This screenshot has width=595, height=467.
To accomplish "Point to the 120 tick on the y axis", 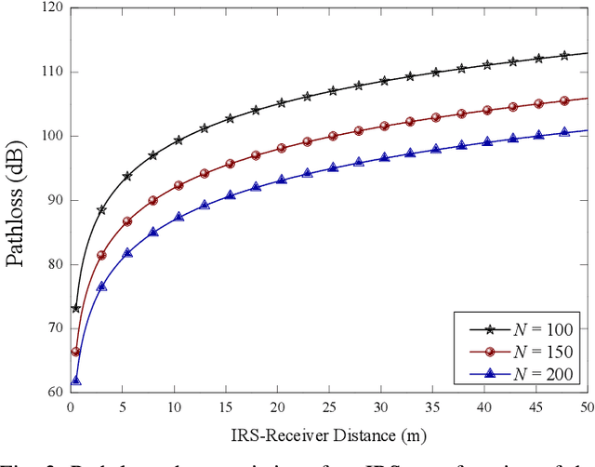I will coord(52,7).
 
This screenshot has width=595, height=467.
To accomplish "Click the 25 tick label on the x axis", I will coord(327,407).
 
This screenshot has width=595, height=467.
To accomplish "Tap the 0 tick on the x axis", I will coord(70,407).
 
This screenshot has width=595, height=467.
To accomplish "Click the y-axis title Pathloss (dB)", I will coord(18,200).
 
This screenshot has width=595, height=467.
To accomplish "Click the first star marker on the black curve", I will coord(76,308).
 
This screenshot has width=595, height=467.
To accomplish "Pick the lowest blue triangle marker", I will coord(76,380).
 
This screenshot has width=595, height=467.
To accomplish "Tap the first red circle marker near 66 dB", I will coord(76,352).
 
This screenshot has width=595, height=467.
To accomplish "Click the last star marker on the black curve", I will coord(564,56).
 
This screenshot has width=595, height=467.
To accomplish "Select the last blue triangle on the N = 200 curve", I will coord(564,132).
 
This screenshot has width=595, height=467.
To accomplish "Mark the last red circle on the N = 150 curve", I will coord(564,100).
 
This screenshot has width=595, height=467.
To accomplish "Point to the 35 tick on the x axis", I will coord(430,407).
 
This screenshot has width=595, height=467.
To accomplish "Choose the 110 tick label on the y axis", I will coord(52,72).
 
